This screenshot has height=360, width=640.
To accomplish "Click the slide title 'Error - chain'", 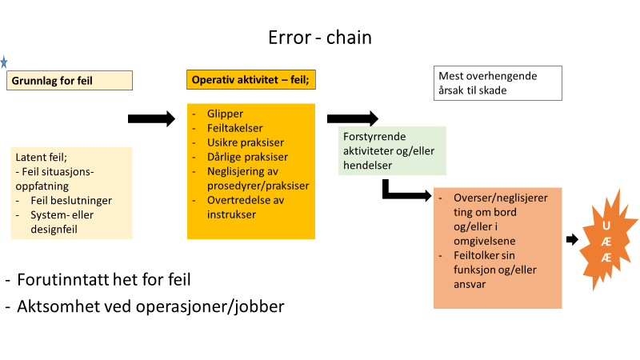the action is [x=320, y=38].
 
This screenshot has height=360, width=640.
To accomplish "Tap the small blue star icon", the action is [x=4, y=62].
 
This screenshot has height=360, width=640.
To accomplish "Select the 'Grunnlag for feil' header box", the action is [x=70, y=81].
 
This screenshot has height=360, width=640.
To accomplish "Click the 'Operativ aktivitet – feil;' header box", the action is [x=251, y=79].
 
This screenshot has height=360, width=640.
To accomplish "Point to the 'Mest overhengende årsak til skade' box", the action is [x=498, y=83].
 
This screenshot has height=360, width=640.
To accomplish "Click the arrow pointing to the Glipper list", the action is [x=151, y=118].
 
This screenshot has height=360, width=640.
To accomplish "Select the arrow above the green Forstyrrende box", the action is [x=353, y=118].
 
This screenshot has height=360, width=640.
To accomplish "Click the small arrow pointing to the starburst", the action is [x=572, y=239].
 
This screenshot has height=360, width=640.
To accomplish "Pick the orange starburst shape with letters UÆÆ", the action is [x=607, y=241].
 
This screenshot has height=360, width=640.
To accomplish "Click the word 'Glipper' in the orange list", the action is [x=225, y=114].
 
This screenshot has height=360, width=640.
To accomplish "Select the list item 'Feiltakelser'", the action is [x=234, y=128].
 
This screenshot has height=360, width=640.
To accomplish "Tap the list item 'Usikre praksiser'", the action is [x=246, y=142].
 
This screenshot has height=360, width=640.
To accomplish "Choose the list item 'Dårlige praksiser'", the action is [x=247, y=157].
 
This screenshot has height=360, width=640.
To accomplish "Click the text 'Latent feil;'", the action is [x=42, y=157].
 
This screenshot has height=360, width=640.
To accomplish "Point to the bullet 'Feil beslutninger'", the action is [x=71, y=201].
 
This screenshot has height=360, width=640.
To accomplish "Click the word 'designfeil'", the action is [x=54, y=230].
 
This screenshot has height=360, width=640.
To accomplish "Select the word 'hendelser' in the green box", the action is [x=367, y=166].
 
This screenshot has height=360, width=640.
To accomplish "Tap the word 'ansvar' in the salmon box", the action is [x=470, y=285].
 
